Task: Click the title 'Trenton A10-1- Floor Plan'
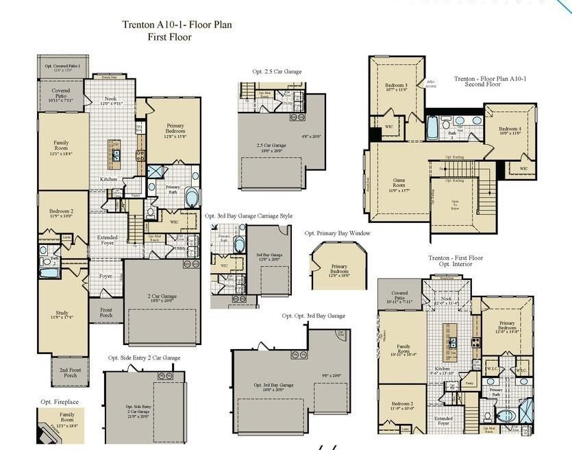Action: click(x=177, y=25)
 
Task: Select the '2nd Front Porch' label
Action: click(x=69, y=372)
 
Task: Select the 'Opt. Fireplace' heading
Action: click(x=60, y=401)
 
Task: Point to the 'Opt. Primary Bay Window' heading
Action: click(x=338, y=233)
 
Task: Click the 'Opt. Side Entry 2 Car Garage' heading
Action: click(x=144, y=357)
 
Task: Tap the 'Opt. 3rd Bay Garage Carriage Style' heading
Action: click(x=249, y=215)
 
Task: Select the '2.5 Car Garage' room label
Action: click(x=271, y=146)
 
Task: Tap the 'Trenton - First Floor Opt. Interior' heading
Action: click(x=456, y=261)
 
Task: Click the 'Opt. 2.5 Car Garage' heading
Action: click(x=277, y=71)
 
